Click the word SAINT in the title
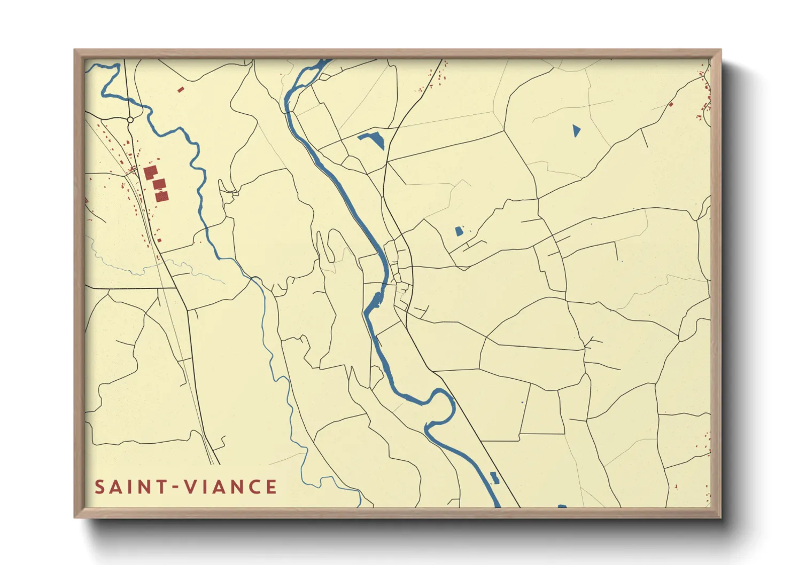pyautogui.click(x=129, y=487)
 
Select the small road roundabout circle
pyautogui.click(x=130, y=120)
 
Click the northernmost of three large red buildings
pyautogui.click(x=150, y=172)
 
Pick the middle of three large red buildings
pyautogui.click(x=159, y=184)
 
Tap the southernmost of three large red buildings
pyautogui.click(x=162, y=197)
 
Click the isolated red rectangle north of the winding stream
pyautogui.click(x=181, y=89)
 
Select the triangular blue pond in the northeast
pyautogui.click(x=576, y=130)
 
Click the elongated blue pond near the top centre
pyautogui.click(x=373, y=139)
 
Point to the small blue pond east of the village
pyautogui.click(x=459, y=231)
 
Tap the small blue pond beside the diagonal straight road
pyautogui.click(x=494, y=477)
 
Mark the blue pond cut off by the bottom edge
pyautogui.click(x=562, y=506)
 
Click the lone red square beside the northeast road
pyautogui.click(x=671, y=105)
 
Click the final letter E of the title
pyautogui.click(x=271, y=487)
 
